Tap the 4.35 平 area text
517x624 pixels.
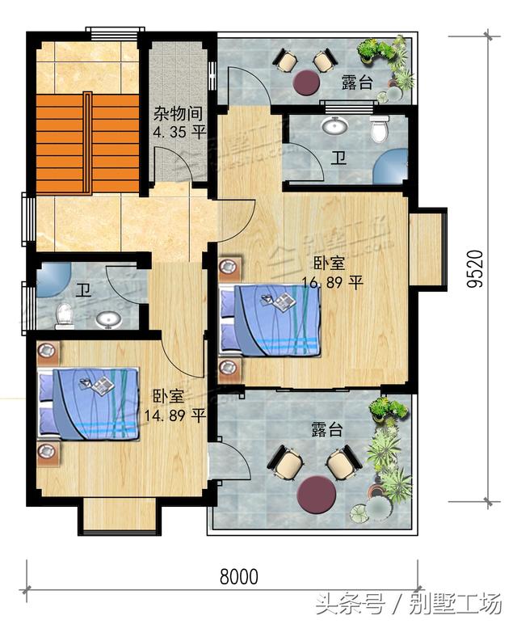tap(179, 132)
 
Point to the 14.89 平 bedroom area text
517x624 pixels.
tap(174, 415)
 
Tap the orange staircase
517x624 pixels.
tap(62, 143)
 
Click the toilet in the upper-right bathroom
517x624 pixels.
tap(379, 129)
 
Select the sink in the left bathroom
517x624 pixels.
tap(107, 320)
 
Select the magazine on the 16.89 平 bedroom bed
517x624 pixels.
tap(283, 302)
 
